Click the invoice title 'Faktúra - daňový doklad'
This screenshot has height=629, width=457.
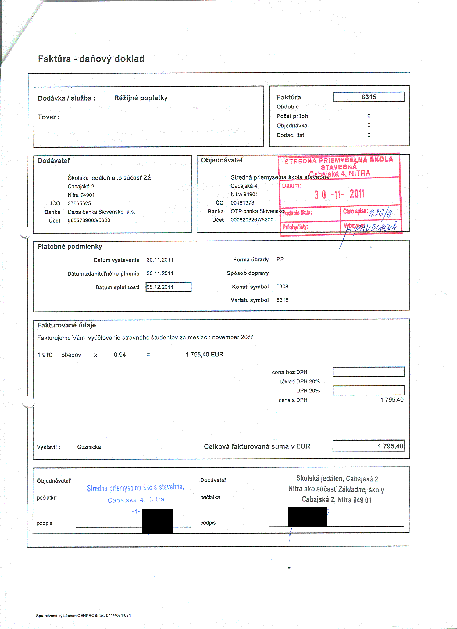coord(91,59)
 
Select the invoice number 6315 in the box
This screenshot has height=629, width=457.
coord(369,97)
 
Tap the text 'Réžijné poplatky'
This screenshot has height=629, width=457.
coord(141,98)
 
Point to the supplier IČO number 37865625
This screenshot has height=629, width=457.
coord(79,203)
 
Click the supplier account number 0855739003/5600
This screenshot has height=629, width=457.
coord(89,220)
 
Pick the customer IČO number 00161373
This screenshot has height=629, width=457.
coord(242,203)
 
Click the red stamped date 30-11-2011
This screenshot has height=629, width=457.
coord(339,194)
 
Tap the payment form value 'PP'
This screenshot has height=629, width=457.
coord(280,259)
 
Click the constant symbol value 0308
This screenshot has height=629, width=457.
coord(282,287)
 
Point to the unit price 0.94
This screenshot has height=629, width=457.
coord(120,355)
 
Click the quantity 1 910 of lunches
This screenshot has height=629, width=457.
coord(45,355)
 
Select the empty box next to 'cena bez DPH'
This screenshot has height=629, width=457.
coord(368,372)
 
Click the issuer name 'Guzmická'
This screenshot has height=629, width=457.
coord(89,447)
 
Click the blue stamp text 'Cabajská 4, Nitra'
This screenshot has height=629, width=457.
coord(136,500)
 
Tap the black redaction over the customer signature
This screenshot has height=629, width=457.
coord(158,521)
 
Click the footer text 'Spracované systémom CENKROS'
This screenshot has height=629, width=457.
coord(83,615)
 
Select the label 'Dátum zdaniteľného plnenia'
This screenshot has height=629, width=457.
coord(103,273)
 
